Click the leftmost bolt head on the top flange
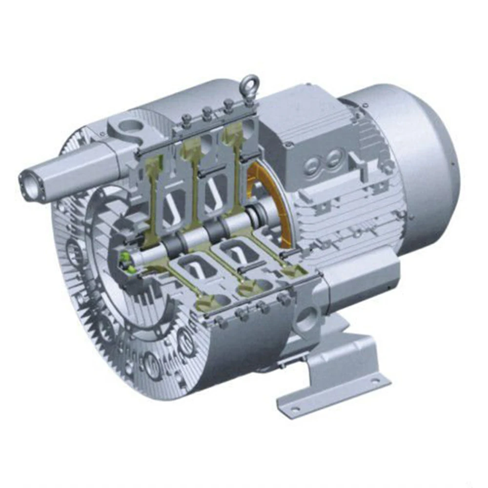tap(187, 119)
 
